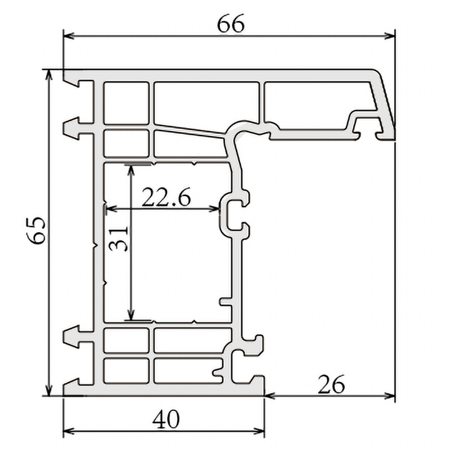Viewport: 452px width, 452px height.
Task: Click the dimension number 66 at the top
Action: (231, 24)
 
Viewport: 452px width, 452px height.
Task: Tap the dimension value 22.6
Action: (166, 198)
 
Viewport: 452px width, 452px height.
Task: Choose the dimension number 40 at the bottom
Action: (166, 419)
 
